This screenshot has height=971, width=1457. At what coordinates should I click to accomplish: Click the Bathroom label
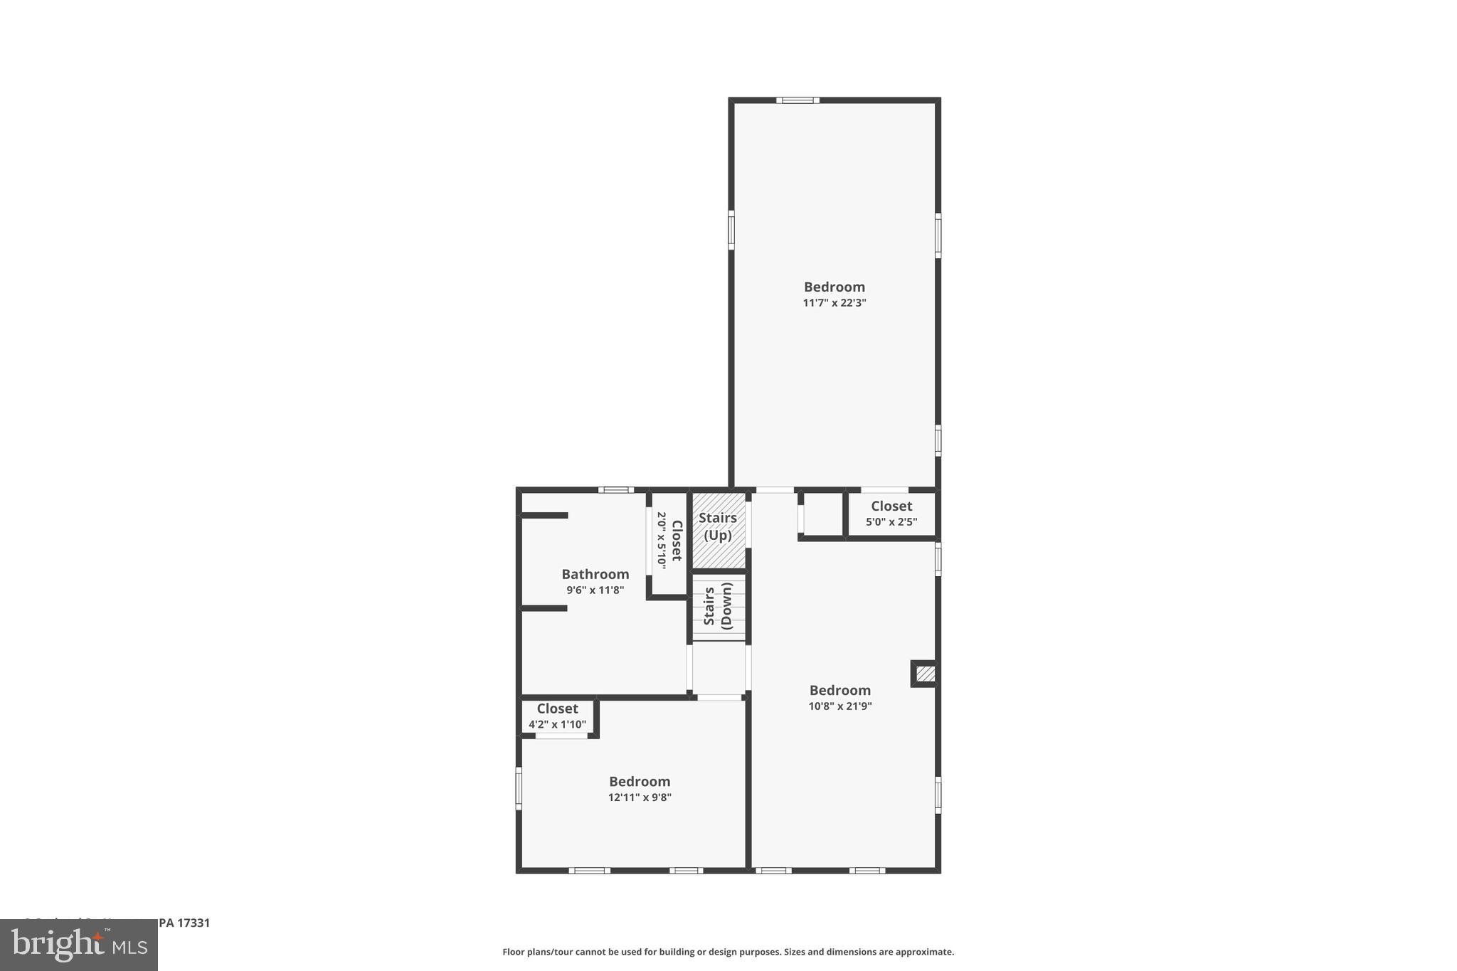click(595, 574)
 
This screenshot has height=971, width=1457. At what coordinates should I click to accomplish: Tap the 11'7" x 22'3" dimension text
click(834, 303)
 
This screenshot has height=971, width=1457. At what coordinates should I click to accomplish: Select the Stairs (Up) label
click(717, 526)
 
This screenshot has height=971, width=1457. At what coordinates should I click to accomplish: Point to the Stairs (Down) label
click(718, 606)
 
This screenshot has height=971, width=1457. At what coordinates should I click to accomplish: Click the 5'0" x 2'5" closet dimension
click(891, 522)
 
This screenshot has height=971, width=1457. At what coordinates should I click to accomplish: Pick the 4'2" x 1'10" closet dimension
click(557, 725)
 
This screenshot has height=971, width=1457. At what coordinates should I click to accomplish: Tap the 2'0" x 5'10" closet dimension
click(662, 540)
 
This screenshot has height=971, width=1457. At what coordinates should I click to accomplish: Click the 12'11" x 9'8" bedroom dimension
click(639, 797)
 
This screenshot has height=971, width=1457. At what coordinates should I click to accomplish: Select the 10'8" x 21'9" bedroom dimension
click(839, 706)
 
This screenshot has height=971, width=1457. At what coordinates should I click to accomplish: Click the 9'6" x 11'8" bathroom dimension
click(595, 590)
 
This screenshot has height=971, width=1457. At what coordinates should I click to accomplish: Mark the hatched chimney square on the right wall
click(925, 673)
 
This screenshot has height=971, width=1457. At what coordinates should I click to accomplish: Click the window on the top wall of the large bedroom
click(797, 100)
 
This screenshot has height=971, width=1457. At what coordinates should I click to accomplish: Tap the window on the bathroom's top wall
click(615, 489)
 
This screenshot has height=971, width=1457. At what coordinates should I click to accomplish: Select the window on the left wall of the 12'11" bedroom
click(519, 788)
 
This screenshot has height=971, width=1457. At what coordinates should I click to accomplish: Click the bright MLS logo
click(79, 945)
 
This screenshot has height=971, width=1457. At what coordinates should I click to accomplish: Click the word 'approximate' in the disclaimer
click(924, 952)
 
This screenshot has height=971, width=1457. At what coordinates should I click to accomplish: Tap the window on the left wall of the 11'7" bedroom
click(731, 230)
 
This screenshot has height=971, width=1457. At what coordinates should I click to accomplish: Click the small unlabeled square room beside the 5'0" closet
click(822, 514)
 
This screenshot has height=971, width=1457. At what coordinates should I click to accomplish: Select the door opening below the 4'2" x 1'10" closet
click(561, 736)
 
